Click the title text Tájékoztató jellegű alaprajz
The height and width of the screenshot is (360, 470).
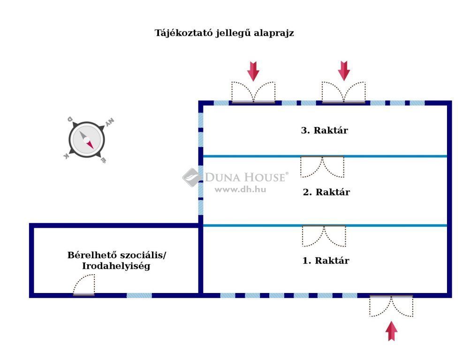[224, 33]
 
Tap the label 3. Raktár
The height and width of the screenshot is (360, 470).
[325, 130]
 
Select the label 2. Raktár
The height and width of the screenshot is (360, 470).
[326, 192]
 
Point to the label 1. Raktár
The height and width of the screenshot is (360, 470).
[326, 261]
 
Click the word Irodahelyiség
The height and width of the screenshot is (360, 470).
[116, 266]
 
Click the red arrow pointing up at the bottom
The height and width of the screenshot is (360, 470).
[391, 331]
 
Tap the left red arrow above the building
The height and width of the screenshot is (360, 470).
[253, 71]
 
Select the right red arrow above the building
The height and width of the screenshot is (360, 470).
[344, 71]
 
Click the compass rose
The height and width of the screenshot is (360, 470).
[87, 140]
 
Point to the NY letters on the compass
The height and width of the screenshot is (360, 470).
[110, 122]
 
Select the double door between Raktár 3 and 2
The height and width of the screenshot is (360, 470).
[323, 167]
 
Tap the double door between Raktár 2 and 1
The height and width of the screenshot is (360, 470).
[324, 236]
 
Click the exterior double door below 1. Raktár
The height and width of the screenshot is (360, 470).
[391, 306]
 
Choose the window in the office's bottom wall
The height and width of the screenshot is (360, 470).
[139, 295]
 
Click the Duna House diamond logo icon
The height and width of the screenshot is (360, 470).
[192, 177]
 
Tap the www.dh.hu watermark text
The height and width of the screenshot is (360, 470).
[241, 189]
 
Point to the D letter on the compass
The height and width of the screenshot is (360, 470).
[70, 119]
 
